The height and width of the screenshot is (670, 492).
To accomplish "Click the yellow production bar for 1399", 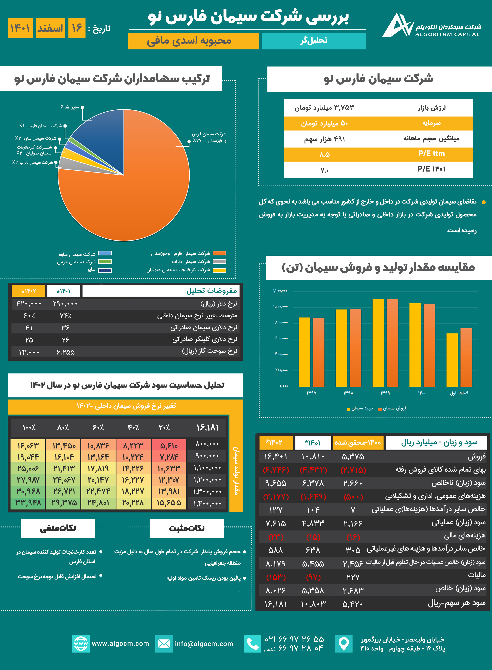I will click(x=378, y=343).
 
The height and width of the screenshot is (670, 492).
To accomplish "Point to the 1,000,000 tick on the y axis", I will click(x=280, y=307).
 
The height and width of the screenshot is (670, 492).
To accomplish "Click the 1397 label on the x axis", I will click(x=311, y=393).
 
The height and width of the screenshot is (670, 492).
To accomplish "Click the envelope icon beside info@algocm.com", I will click(x=164, y=644).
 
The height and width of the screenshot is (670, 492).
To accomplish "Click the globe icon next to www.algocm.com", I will click(x=81, y=644).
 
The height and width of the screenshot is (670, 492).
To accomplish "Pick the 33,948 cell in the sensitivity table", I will click(x=28, y=503).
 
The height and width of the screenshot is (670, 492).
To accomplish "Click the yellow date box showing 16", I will click(x=77, y=28).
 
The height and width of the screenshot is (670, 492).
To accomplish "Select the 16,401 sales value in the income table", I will click(x=276, y=457).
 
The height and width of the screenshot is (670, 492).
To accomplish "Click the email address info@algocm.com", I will click(x=204, y=644).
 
